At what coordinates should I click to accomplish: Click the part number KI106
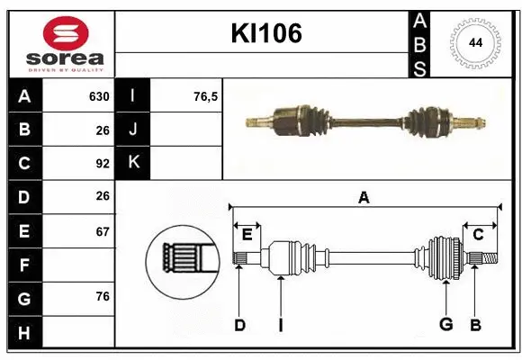tap(266, 33)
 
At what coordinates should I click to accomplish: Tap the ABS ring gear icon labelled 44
tap(472, 42)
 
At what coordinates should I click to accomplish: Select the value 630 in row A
tap(99, 96)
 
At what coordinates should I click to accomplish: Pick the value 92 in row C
tap(102, 164)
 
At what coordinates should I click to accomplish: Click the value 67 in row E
tap(102, 231)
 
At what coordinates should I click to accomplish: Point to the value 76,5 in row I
tap(206, 96)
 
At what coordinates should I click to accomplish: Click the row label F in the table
tap(24, 265)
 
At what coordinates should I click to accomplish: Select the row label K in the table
tap(133, 163)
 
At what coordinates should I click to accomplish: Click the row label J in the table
tap(133, 130)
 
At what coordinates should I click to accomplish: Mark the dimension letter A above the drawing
tap(364, 198)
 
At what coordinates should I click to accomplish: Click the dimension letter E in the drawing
tap(247, 234)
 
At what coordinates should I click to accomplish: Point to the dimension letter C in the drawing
tap(478, 234)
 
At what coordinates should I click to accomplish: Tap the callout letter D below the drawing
tap(239, 325)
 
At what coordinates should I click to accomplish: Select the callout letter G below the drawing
tap(445, 325)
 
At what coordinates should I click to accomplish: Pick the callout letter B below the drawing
tap(476, 325)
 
